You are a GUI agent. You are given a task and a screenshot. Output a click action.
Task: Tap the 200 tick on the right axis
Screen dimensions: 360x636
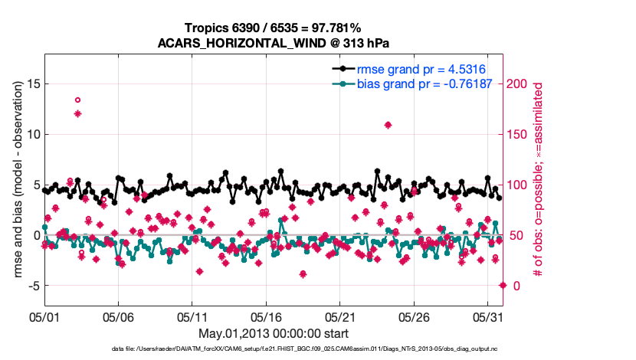click(x=519, y=83)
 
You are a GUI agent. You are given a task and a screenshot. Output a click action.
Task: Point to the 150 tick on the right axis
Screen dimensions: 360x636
click(x=519, y=134)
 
